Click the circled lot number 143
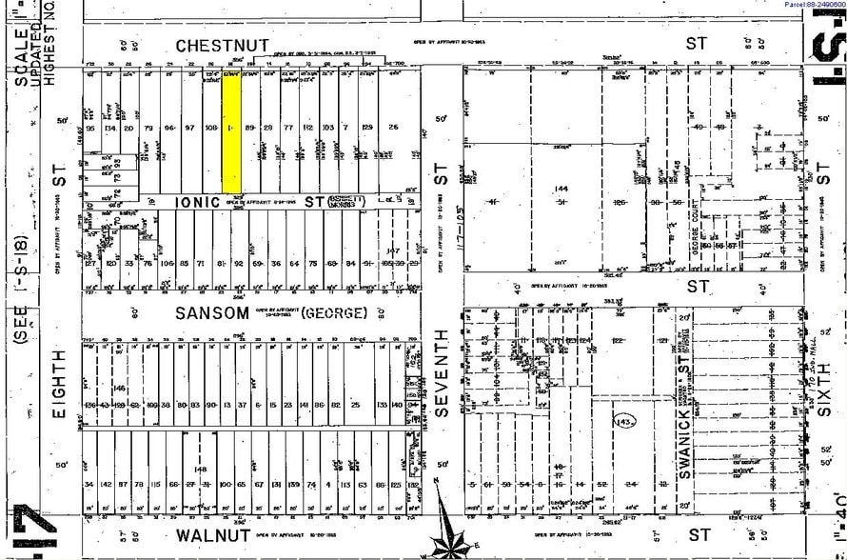[x=625, y=420]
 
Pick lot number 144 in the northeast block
[x=561, y=190]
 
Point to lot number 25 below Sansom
[x=356, y=404]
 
